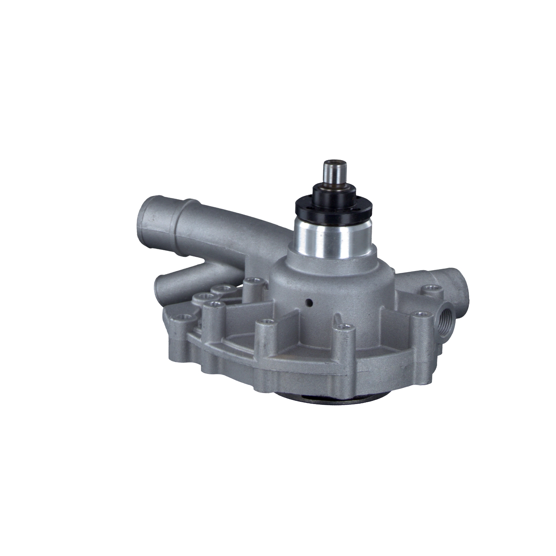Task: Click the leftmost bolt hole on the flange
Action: (x=183, y=317)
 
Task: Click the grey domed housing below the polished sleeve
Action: (x=326, y=289)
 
